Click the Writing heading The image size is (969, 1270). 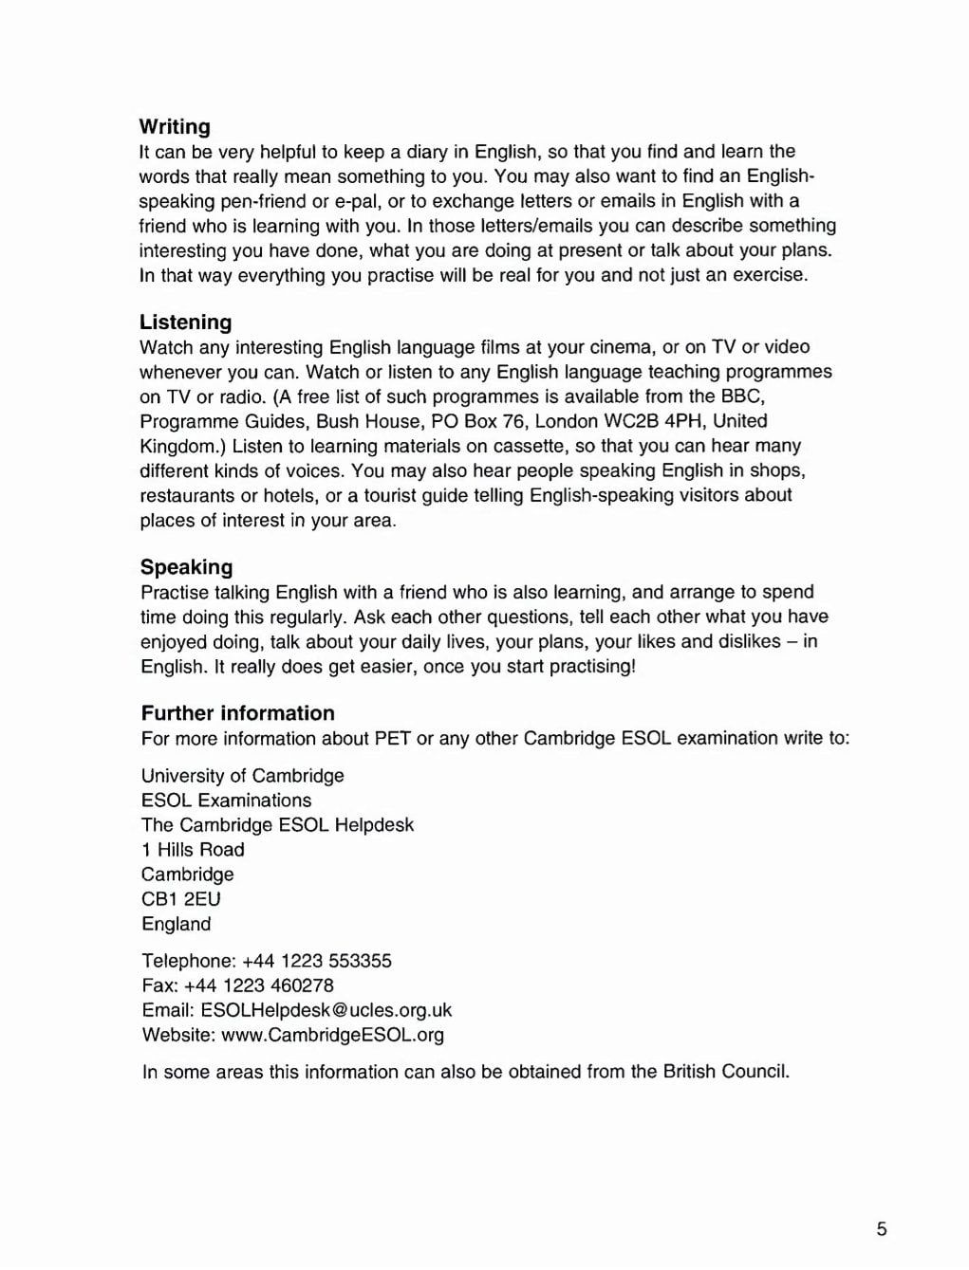coord(175,126)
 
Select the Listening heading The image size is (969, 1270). coord(186,322)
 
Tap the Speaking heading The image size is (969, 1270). coord(187,567)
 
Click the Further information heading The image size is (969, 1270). coord(238,713)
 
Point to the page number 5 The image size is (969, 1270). coord(882,1229)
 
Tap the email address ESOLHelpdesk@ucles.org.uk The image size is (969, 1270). coord(326,1010)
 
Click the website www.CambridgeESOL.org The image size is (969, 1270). coord(332,1035)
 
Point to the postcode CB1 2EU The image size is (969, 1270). coord(181,899)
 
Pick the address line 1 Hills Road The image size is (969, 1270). coord(193,850)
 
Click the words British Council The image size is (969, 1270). coord(726,1072)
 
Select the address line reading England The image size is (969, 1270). coord(177,924)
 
